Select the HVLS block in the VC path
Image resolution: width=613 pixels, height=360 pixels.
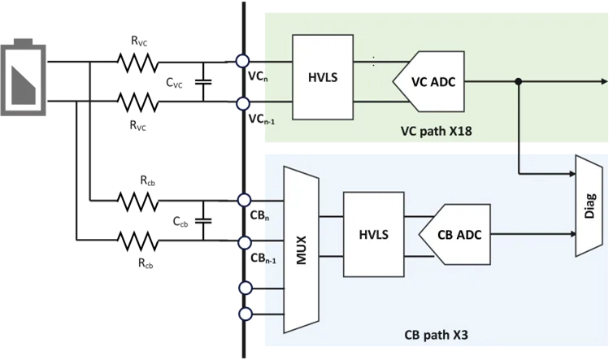point(322,79)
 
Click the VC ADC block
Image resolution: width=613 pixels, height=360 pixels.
point(429,81)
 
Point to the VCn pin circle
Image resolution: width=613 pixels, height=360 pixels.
point(242,61)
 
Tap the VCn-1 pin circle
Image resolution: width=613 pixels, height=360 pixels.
point(242,103)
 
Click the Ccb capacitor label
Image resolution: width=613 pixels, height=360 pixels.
point(180,220)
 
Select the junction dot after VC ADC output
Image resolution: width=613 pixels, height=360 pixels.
point(519,81)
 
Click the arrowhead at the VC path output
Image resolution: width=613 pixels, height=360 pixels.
point(602,81)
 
